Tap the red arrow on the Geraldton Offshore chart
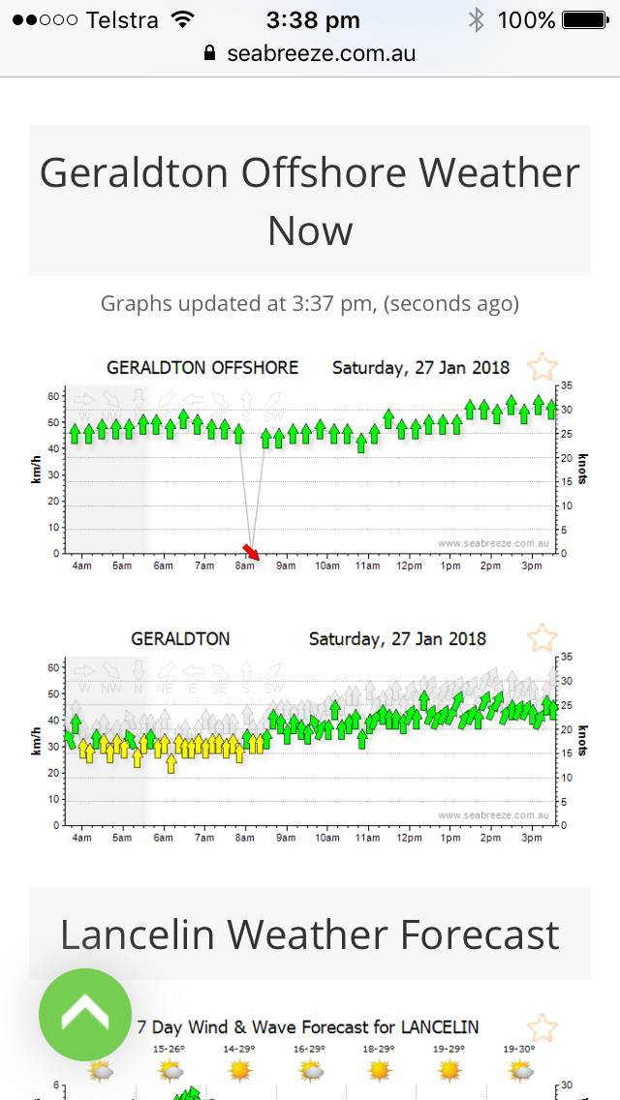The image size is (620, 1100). coord(254,552)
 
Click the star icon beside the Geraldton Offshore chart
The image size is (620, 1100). coord(542,367)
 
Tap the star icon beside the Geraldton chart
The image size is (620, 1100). coord(542,638)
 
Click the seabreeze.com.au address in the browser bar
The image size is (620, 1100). coord(321,53)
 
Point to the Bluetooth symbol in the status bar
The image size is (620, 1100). coord(476,19)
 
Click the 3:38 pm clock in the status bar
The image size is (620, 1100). coord(313,19)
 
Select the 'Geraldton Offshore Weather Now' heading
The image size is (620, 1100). coord(310,201)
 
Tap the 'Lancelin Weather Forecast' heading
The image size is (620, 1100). coord(310,934)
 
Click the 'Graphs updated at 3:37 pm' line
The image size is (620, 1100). coord(310,304)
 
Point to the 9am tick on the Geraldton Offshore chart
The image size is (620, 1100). coord(286,565)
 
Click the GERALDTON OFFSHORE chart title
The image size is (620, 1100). coord(202,368)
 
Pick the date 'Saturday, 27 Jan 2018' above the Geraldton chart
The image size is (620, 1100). coord(397,639)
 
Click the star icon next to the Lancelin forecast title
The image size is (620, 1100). coord(542,1027)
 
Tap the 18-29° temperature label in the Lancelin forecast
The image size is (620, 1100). coord(379,1049)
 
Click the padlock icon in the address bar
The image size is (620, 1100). coord(210,53)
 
